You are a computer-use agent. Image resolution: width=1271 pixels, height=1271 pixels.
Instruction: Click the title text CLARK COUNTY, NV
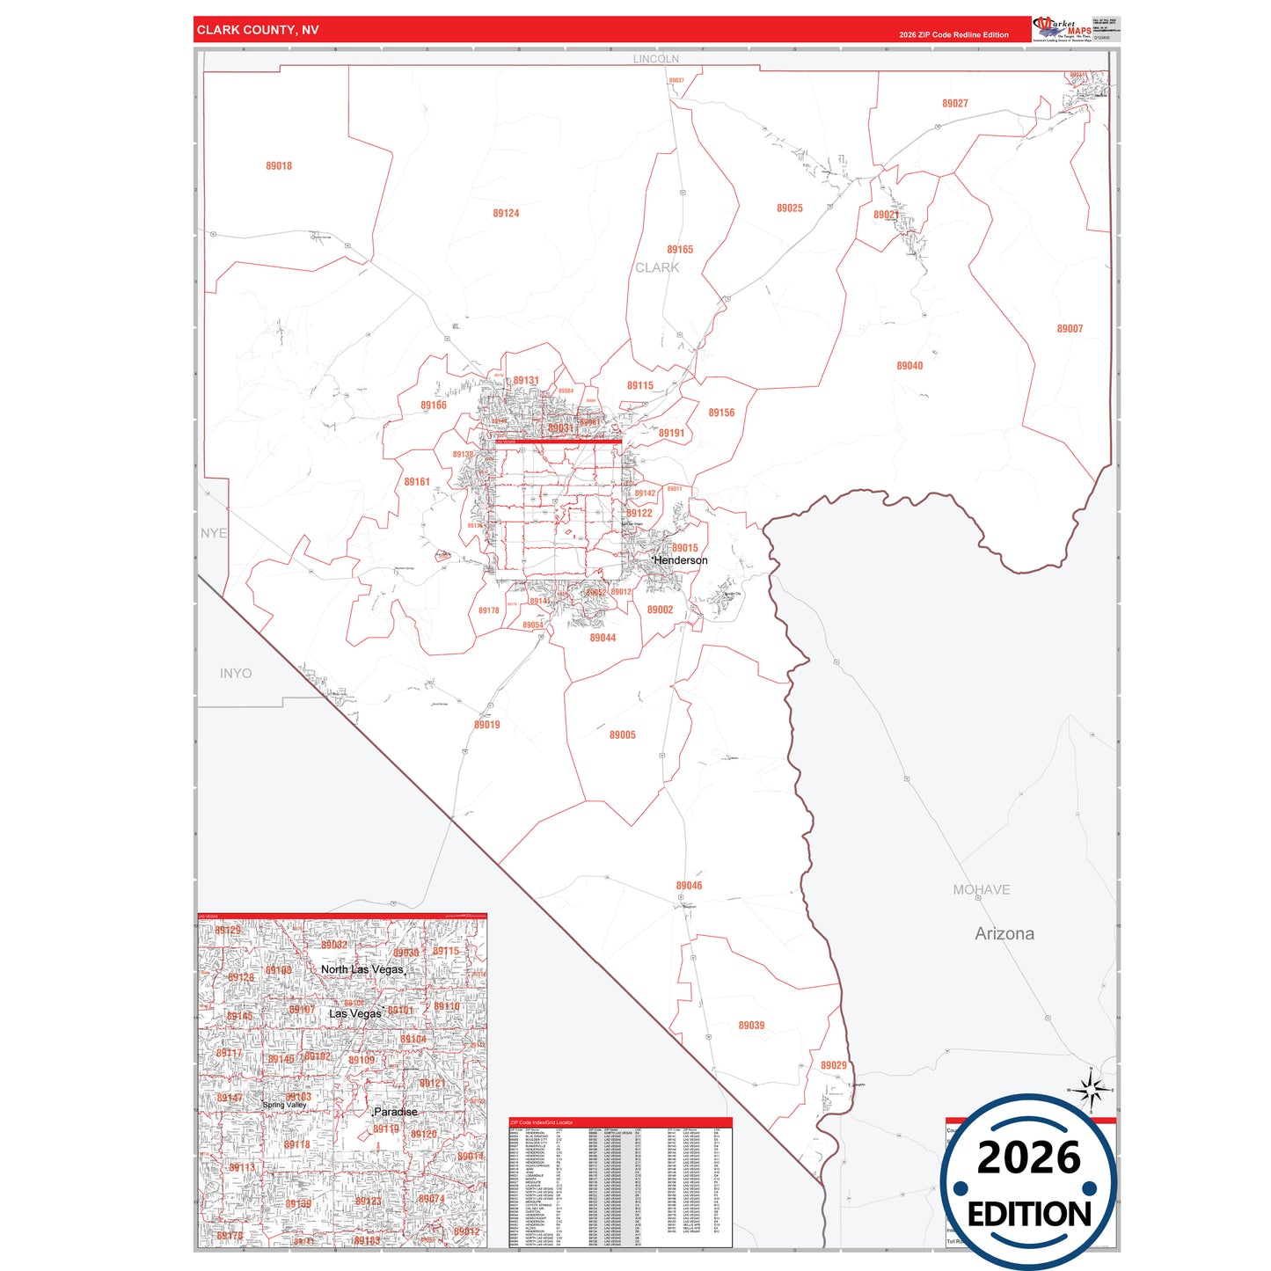(x=258, y=30)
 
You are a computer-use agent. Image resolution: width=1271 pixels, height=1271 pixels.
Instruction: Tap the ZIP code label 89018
(x=279, y=165)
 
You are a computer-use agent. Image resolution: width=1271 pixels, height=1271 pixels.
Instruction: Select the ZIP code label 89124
(x=506, y=213)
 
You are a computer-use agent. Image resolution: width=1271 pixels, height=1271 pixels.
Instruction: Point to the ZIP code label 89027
(x=954, y=103)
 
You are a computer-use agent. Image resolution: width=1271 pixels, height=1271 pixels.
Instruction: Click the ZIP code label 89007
(x=1070, y=328)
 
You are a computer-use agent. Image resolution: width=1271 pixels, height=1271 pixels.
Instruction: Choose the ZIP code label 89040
(x=909, y=366)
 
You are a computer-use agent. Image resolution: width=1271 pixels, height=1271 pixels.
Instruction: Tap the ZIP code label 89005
(x=622, y=734)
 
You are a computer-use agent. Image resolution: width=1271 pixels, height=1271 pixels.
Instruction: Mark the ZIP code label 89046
(x=689, y=886)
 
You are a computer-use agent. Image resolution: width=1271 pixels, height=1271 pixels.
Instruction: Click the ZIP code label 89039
(x=751, y=1025)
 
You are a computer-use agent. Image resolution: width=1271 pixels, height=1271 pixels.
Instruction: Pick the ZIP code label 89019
(x=486, y=725)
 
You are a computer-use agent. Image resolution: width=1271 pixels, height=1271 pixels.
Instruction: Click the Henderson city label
(x=681, y=560)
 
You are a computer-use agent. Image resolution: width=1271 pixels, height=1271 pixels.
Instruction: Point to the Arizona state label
(x=1004, y=933)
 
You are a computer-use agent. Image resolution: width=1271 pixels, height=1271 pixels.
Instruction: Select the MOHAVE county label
(x=981, y=889)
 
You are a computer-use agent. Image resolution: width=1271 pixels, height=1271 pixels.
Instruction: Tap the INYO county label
(x=236, y=673)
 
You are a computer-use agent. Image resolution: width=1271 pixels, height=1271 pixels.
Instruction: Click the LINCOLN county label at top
(x=656, y=59)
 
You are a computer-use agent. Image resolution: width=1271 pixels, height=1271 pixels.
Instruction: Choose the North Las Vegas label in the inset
(x=362, y=969)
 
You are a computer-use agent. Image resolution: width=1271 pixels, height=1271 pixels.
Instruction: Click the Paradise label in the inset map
(x=396, y=1112)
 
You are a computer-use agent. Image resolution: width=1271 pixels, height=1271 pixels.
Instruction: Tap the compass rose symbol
(x=1091, y=1091)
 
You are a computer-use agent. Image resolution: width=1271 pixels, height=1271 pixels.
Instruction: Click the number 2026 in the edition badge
(x=1028, y=1158)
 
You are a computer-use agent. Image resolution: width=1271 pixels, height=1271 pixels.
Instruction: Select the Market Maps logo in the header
(x=1063, y=29)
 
